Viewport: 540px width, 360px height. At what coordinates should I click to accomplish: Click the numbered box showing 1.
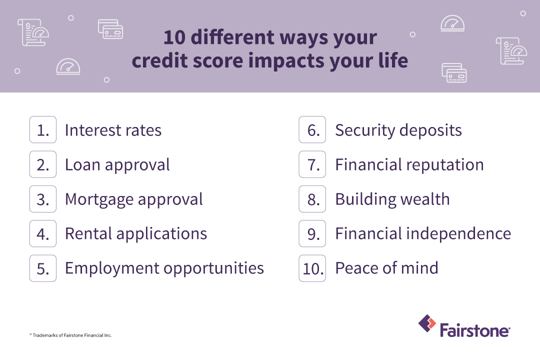tap(43, 130)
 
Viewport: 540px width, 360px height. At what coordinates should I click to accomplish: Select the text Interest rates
tap(113, 130)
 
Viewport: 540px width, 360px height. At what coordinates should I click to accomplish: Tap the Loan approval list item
tap(117, 165)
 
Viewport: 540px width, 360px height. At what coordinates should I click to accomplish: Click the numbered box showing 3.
tap(43, 199)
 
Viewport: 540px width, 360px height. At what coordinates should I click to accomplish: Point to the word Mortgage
tap(97, 199)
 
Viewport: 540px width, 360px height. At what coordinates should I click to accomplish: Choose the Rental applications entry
tap(135, 233)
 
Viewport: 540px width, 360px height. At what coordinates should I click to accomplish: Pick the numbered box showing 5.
tap(43, 268)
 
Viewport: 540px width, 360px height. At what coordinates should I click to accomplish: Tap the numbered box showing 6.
tap(312, 130)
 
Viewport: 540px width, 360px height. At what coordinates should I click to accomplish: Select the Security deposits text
tap(398, 130)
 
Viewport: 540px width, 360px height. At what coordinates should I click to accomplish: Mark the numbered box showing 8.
tap(312, 199)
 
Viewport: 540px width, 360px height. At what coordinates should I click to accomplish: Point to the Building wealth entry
tap(392, 199)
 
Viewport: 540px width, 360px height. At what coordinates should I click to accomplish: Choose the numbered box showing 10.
tap(312, 268)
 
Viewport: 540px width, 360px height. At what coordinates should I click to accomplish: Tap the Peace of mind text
tap(386, 268)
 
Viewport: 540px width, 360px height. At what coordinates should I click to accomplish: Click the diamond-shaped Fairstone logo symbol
tap(427, 323)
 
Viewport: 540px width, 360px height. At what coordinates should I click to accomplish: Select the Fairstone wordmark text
tap(474, 330)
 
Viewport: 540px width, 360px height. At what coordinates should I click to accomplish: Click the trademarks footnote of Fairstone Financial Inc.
tap(70, 335)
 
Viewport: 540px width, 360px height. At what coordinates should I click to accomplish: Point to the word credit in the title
tap(163, 60)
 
